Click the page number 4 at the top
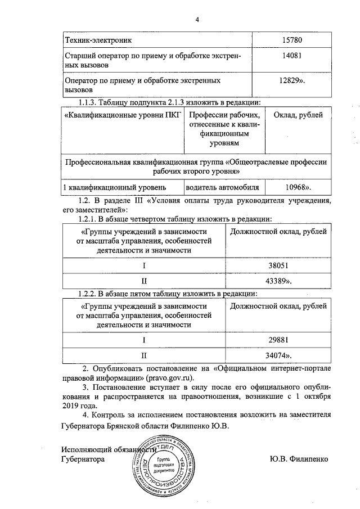(x=197, y=20)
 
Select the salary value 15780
(x=292, y=41)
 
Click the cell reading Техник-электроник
(x=99, y=41)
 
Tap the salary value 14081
(x=292, y=58)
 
